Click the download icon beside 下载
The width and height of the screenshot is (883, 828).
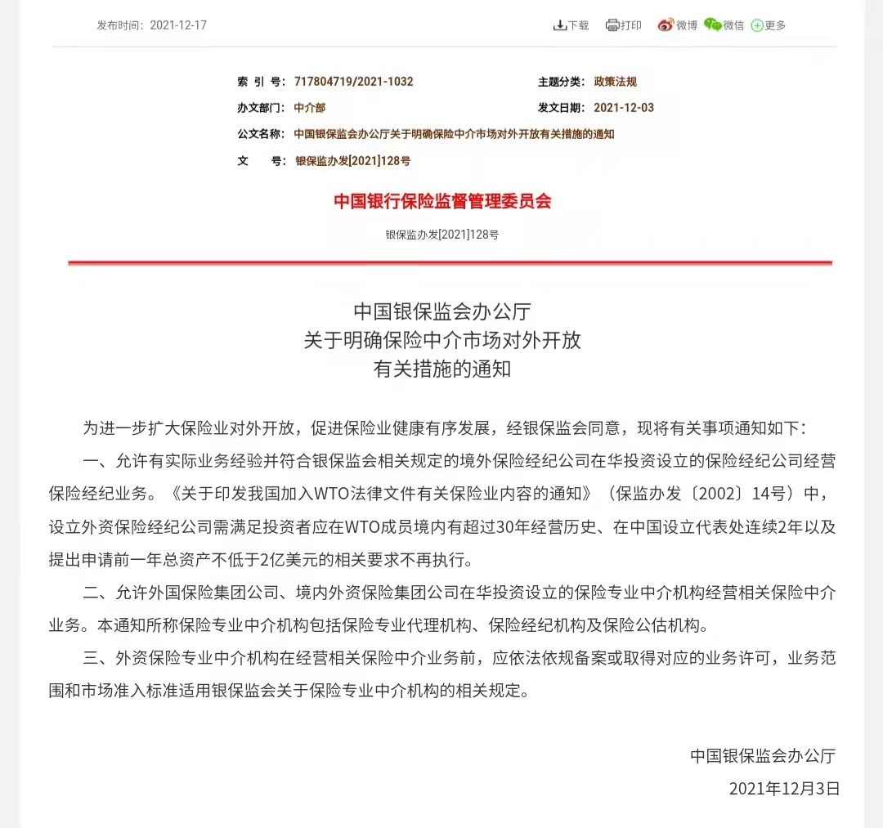[x=560, y=25]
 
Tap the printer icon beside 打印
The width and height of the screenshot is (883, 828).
[x=612, y=25]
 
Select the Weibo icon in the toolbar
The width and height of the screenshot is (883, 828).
[x=666, y=25]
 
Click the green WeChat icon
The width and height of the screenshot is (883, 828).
[x=713, y=25]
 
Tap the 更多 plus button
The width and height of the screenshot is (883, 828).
[x=757, y=25]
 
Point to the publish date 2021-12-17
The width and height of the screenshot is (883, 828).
[x=178, y=25]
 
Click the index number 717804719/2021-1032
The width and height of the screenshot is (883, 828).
[x=353, y=82]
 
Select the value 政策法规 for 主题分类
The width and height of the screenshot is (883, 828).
[x=615, y=82]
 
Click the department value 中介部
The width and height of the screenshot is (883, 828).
[x=309, y=108]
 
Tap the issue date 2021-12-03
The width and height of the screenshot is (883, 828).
[x=623, y=108]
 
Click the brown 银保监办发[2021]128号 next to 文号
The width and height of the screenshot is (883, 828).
[x=352, y=161]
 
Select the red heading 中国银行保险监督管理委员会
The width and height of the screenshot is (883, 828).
[x=442, y=201]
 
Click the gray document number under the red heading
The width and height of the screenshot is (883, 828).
[x=442, y=235]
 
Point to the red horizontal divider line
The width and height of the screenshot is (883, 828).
[x=449, y=262]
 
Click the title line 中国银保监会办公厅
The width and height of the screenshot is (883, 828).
[x=442, y=311]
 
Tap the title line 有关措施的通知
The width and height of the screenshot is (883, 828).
[x=442, y=369]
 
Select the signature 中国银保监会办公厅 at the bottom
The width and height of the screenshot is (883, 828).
[x=763, y=755]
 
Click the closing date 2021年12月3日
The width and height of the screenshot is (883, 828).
[x=784, y=789]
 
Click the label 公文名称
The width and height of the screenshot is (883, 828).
[x=261, y=134]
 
